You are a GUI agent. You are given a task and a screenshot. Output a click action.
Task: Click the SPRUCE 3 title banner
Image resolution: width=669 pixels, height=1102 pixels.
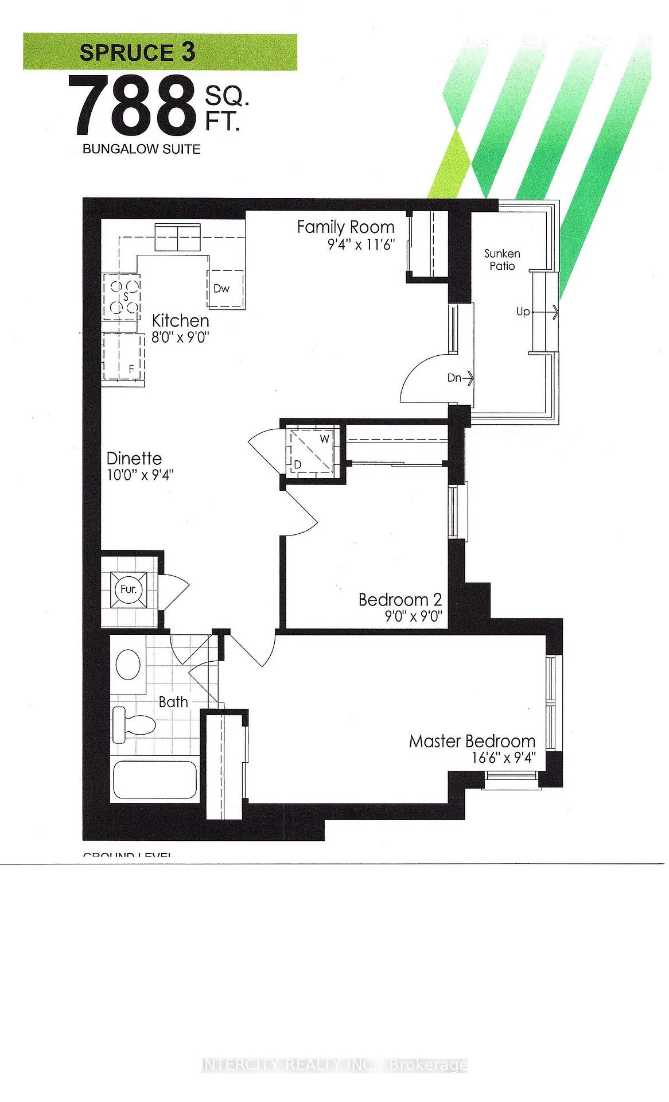point(160,52)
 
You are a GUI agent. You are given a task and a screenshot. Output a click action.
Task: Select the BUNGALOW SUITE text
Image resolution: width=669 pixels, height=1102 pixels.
point(141,149)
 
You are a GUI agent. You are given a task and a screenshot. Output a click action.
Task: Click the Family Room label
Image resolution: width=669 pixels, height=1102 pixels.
point(345,227)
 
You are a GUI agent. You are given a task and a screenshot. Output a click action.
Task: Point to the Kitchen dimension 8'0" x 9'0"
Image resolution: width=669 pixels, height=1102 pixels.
point(179,337)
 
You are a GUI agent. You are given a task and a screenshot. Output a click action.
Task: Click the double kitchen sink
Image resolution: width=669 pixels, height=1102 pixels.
point(178,238)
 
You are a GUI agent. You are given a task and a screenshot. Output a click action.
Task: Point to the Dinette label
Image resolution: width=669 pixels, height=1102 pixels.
point(134,459)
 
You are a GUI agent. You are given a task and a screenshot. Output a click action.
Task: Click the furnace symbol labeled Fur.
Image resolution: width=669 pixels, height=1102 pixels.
point(128,589)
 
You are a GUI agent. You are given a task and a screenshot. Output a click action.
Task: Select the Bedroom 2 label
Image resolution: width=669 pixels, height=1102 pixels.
point(400,600)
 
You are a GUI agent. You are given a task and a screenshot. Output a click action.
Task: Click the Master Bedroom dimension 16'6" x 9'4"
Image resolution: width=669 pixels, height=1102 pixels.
point(503,758)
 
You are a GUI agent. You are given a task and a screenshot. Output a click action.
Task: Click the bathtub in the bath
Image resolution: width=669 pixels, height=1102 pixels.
point(154,779)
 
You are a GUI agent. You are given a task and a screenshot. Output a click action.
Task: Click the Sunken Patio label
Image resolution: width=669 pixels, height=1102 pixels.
point(502,259)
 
